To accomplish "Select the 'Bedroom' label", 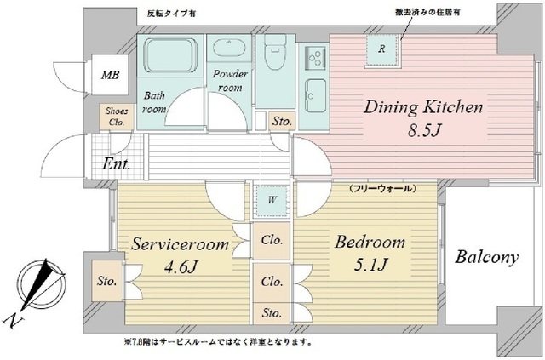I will click(369, 243).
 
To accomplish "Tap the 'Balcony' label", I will click(485, 257).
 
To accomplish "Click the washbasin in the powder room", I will click(227, 50).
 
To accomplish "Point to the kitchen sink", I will click(315, 89).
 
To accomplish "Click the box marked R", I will click(382, 49).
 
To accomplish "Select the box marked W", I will click(272, 201).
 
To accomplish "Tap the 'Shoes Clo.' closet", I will click(115, 116).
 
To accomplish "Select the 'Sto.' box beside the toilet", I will click(281, 123).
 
